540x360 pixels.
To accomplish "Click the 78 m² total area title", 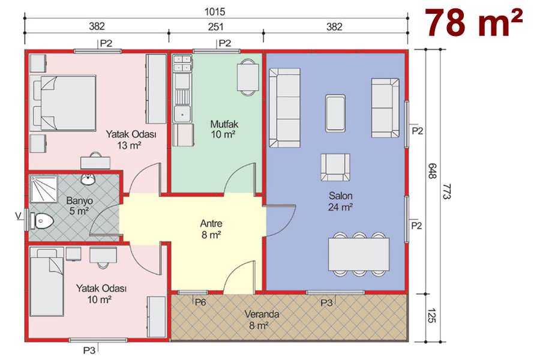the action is pyautogui.click(x=474, y=22).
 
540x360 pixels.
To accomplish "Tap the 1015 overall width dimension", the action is pyautogui.click(x=215, y=12).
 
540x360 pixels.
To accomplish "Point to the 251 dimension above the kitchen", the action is pyautogui.click(x=215, y=26).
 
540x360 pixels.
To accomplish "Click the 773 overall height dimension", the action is pyautogui.click(x=446, y=191).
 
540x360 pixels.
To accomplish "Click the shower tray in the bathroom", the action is pyautogui.click(x=43, y=188).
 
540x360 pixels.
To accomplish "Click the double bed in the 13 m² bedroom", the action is pyautogui.click(x=62, y=103).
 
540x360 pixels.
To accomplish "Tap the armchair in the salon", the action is pyautogui.click(x=335, y=167).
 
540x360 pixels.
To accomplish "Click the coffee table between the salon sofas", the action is pyautogui.click(x=335, y=113).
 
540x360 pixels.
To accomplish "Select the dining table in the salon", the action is pyautogui.click(x=359, y=254).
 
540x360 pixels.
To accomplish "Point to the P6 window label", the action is pyautogui.click(x=200, y=302).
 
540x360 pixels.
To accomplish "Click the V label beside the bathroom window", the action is pyautogui.click(x=19, y=215).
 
